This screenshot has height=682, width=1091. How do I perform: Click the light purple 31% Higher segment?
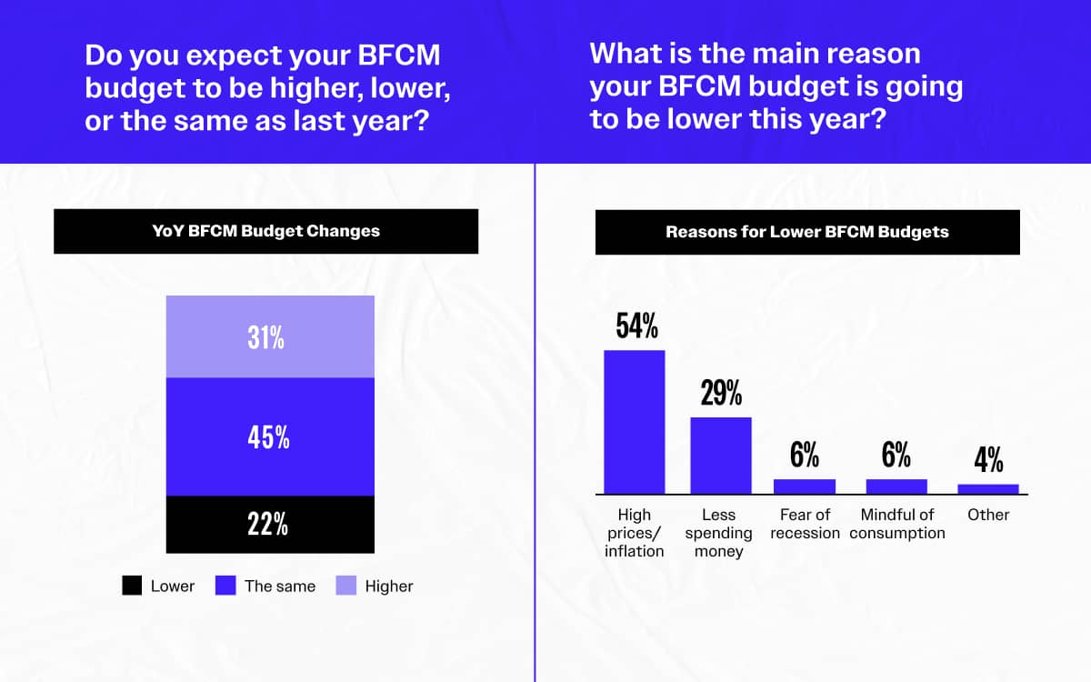270,336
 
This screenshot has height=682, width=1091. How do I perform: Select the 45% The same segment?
270,436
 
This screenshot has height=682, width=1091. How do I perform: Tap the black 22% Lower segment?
270,524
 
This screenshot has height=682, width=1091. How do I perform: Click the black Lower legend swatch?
132,586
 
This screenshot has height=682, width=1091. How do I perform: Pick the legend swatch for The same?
225,586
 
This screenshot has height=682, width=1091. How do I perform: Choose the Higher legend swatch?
346,586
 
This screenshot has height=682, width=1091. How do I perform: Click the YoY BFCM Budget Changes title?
265,231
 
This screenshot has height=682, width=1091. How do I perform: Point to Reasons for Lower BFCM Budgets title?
806,232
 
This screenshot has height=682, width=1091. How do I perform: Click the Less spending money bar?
721,456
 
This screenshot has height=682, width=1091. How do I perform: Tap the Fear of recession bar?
804,486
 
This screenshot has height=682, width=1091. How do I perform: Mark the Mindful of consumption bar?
896,486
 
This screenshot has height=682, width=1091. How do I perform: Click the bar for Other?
988,489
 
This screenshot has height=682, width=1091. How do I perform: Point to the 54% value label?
636,326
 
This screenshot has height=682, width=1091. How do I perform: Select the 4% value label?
988,461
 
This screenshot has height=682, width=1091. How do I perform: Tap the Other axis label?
988,515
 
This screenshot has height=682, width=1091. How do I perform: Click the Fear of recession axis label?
805,524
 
